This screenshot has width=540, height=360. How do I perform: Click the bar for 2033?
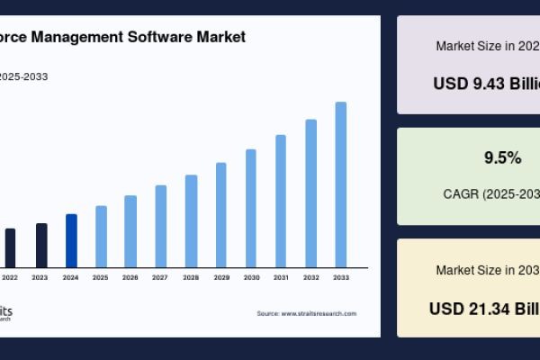click(x=341, y=184)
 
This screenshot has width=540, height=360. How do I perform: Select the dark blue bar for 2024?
click(x=71, y=240)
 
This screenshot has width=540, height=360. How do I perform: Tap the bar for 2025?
click(x=101, y=237)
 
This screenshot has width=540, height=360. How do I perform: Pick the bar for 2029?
click(x=220, y=215)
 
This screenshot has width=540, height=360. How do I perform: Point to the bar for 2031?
click(x=281, y=201)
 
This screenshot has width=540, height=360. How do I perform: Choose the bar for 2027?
click(x=161, y=226)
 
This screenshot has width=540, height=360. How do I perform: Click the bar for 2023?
click(x=41, y=245)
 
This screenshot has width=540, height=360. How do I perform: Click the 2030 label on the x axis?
click(x=251, y=277)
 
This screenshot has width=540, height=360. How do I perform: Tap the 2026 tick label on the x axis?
click(x=130, y=277)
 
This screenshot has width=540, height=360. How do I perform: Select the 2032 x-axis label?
click(x=311, y=277)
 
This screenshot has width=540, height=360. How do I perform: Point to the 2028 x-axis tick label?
click(x=191, y=277)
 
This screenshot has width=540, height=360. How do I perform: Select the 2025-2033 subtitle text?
click(x=23, y=76)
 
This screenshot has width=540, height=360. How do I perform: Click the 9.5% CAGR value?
click(x=502, y=158)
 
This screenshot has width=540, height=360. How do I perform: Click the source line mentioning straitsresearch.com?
click(x=306, y=313)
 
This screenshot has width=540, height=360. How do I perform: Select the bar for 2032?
click(x=311, y=193)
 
